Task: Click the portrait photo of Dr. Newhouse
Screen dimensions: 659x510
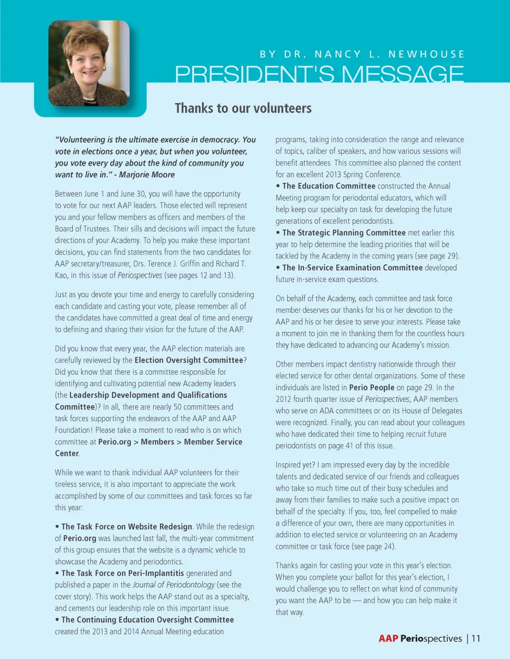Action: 89,63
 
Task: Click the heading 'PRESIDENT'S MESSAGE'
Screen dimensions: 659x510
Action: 319,74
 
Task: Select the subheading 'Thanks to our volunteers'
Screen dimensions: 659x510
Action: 243,108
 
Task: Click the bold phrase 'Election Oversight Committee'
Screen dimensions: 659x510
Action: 189,360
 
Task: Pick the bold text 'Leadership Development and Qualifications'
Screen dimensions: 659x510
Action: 148,395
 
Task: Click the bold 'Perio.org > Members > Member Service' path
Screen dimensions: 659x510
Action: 170,442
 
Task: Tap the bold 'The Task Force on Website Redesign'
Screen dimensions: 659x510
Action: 126,527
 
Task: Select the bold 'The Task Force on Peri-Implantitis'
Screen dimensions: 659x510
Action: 123,574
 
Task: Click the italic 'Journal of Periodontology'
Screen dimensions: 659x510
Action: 174,585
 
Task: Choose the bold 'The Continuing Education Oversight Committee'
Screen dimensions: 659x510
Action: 148,620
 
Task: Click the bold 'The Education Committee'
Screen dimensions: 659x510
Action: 329,186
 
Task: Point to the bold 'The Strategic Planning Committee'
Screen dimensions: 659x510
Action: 344,233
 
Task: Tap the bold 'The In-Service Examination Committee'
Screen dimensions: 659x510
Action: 352,268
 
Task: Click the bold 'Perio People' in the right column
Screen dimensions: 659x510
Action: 371,388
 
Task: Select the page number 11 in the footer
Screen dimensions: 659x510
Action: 475,638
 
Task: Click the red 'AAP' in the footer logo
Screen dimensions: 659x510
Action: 388,638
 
